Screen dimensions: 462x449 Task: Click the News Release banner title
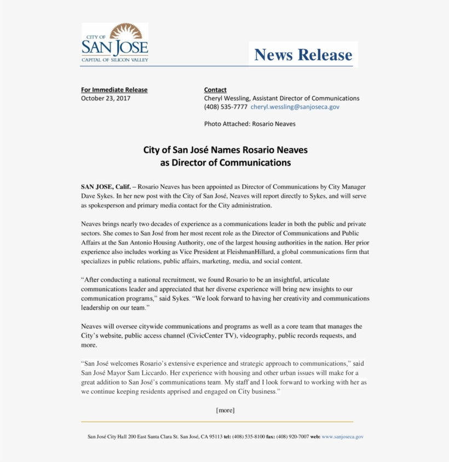click(303, 55)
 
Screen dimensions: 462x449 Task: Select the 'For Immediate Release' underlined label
click(114, 90)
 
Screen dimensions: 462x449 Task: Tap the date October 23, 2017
click(106, 99)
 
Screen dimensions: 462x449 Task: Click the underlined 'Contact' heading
click(215, 90)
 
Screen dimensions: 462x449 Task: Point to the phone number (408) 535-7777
click(226, 107)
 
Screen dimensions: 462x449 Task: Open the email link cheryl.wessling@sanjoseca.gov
click(295, 107)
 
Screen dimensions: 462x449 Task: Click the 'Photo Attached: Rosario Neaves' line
click(250, 124)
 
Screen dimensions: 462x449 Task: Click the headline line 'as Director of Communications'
click(225, 163)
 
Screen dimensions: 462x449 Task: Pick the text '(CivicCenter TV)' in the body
click(212, 335)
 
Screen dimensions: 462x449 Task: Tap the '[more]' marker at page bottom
click(225, 410)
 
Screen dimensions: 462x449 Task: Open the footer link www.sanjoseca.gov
click(343, 437)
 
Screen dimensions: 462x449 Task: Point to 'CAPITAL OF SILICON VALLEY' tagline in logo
click(114, 59)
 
